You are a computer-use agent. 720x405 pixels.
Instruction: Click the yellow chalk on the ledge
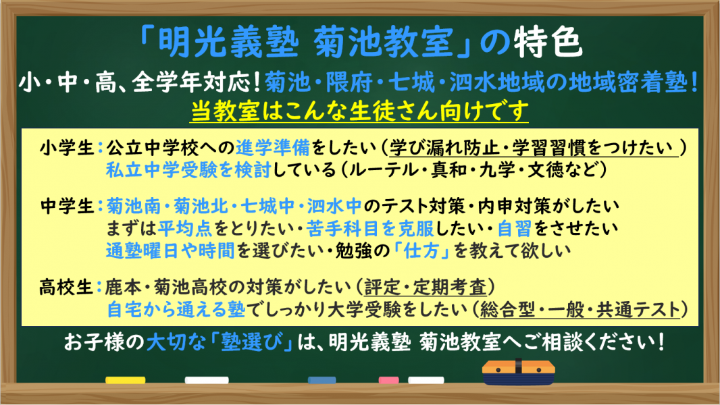tap(126, 381)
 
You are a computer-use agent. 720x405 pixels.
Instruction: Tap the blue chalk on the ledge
tap(326, 381)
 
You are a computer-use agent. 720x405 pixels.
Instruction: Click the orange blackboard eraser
tap(519, 372)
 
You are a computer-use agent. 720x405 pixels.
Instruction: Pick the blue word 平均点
tap(182, 226)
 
